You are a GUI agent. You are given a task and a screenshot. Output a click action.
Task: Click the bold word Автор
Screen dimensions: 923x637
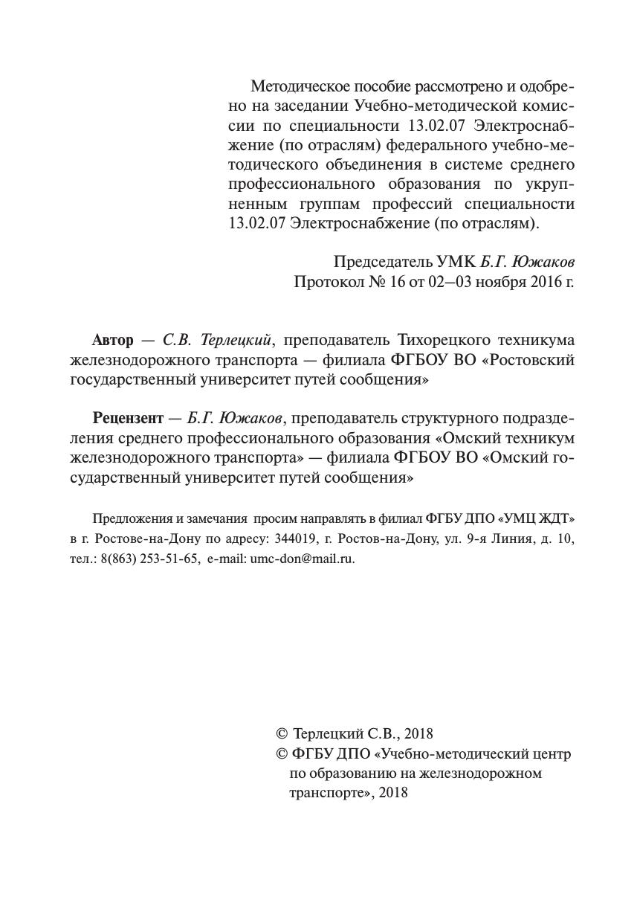tap(113, 341)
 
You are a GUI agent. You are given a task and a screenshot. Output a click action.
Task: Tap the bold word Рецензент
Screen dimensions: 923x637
tap(126, 419)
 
